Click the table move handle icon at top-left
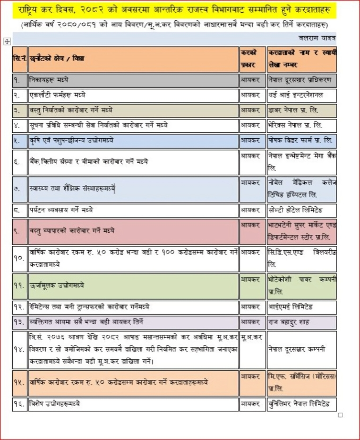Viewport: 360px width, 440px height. pos(7,41)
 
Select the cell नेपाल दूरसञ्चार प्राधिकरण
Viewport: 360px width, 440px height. pos(301,80)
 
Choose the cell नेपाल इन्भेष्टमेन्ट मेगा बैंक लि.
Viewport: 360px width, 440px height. pos(301,162)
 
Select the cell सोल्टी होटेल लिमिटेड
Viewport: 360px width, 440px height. pos(301,210)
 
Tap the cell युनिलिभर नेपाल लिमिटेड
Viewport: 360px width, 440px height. pos(301,404)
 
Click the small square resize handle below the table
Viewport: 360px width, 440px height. pos(340,415)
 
